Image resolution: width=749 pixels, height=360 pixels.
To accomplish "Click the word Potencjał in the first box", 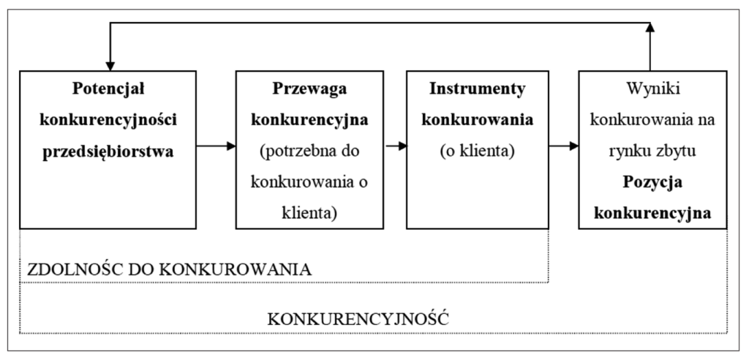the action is click(108, 89).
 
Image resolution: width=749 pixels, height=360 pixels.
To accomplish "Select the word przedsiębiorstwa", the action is click(108, 152).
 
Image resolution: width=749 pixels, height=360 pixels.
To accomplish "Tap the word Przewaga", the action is click(309, 89).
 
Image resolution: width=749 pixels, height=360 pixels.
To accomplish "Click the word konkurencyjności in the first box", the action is click(108, 120).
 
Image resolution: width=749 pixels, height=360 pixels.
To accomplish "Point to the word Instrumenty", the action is click(477, 89).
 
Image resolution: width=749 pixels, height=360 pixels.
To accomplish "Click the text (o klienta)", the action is click(477, 151).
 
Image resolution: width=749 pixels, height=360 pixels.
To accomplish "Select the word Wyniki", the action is click(653, 89).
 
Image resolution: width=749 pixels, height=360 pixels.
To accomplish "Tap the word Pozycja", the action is click(653, 183).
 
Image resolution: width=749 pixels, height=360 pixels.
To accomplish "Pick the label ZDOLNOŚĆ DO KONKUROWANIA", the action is click(170, 270).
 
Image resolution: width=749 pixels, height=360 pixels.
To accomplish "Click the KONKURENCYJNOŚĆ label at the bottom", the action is click(358, 319).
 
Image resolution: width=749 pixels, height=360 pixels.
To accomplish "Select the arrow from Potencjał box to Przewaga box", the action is click(216, 146).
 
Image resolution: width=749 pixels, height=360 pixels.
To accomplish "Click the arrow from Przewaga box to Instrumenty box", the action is click(396, 146).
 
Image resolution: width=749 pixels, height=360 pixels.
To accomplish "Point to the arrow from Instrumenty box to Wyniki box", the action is click(564, 146).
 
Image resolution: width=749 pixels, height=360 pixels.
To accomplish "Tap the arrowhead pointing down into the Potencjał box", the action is click(110, 66).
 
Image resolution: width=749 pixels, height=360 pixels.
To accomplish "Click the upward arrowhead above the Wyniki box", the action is click(650, 27).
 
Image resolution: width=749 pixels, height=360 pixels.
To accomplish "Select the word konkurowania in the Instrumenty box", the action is click(477, 120).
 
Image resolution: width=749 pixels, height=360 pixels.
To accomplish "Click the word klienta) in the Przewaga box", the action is click(309, 214).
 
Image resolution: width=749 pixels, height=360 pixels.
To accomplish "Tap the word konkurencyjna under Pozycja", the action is click(653, 214).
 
